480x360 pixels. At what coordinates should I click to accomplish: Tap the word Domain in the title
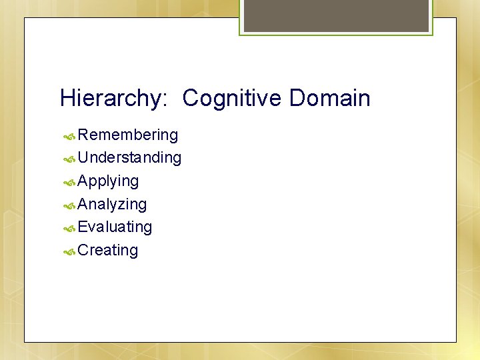point(329,99)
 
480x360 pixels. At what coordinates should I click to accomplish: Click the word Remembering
point(127,135)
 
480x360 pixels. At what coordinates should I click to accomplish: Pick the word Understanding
point(129,158)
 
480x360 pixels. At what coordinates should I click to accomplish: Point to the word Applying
point(108,181)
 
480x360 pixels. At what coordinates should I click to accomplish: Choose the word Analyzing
point(112,204)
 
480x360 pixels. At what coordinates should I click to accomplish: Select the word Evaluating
point(115,227)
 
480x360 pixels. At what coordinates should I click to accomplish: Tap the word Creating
point(107,250)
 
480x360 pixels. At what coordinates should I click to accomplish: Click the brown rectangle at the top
point(336,15)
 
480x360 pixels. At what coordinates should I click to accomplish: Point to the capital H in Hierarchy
point(67,99)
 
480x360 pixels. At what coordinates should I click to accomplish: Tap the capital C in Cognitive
point(191,99)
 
